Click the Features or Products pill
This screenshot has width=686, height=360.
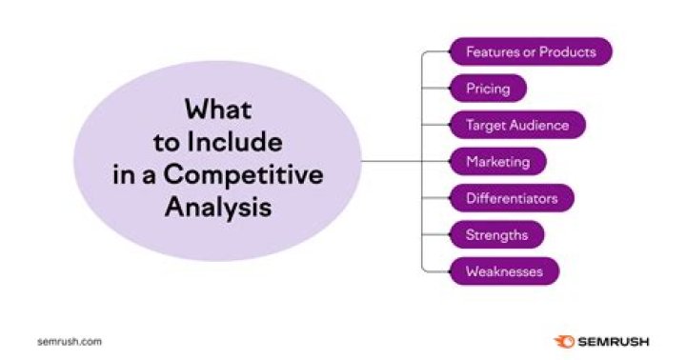point(531,51)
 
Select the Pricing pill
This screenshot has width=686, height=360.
point(488,89)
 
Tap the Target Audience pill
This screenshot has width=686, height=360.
point(517,125)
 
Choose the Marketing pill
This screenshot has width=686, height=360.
point(498,161)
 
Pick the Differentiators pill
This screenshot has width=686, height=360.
point(512,198)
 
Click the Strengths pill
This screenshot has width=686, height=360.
point(496,235)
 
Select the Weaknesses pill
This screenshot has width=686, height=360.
point(504,271)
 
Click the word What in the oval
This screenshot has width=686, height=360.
point(218,109)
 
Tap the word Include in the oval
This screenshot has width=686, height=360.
point(234,142)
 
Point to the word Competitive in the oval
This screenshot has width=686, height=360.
point(243,175)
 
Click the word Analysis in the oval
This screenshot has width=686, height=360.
point(218,208)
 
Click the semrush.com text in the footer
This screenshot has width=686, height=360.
point(70,342)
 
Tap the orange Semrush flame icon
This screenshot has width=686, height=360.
point(564,342)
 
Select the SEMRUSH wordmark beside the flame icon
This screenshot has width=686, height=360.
point(614,342)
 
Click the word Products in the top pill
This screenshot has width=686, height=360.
point(568,51)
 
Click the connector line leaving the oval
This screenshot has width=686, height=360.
point(392,161)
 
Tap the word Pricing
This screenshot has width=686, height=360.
point(488,90)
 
